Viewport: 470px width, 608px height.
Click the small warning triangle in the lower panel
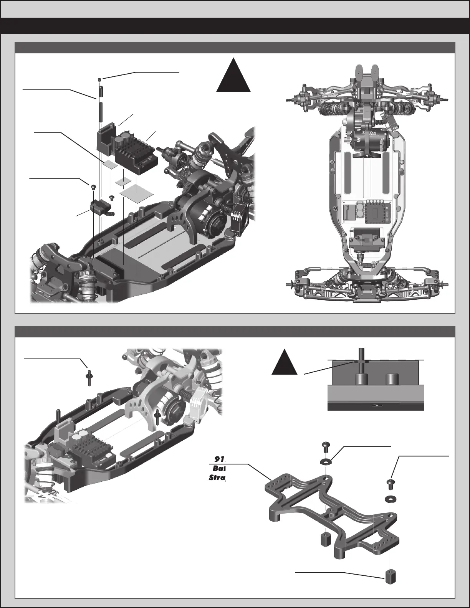(285, 363)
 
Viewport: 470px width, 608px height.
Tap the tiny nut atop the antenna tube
(99, 79)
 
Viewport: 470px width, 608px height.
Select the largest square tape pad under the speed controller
(136, 190)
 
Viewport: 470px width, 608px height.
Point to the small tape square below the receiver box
(110, 165)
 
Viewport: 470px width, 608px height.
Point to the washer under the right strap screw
(390, 500)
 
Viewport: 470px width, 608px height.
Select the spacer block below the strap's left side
(326, 539)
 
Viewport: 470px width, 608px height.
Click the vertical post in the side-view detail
(361, 365)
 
